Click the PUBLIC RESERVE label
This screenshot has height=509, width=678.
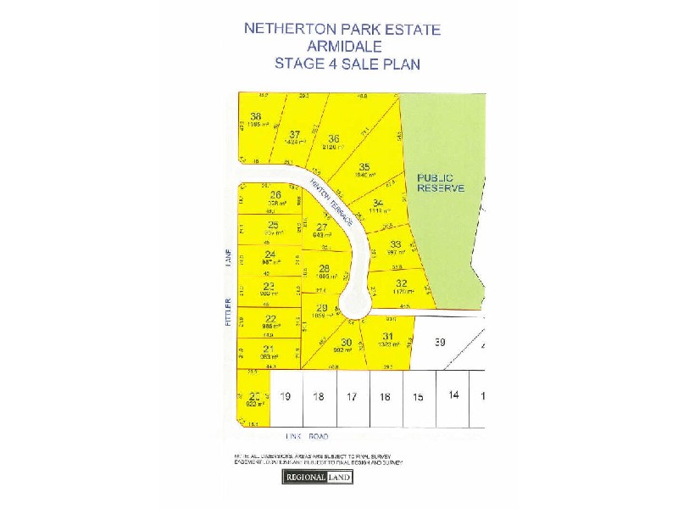click(440, 182)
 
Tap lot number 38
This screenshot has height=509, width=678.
click(255, 116)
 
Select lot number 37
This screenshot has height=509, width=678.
click(295, 134)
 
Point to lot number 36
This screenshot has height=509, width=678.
click(334, 139)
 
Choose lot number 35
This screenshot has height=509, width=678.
click(364, 166)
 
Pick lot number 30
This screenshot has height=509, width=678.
click(346, 343)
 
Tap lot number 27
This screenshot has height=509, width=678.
click(321, 227)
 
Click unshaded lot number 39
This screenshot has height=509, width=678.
click(439, 342)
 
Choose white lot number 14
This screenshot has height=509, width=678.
click(453, 395)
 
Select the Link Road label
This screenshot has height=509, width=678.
click(306, 437)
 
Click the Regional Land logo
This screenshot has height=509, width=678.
click(316, 477)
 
